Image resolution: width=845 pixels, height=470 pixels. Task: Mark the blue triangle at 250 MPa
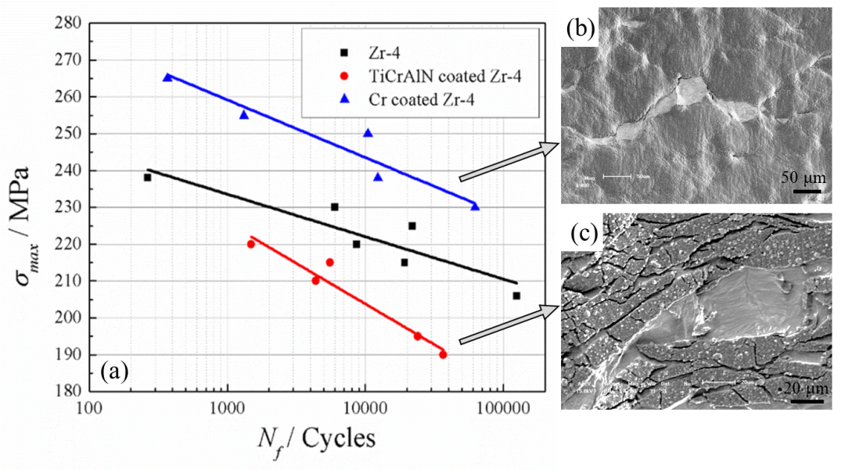coord(368,133)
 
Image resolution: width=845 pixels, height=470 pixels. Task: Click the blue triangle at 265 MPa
coord(167,77)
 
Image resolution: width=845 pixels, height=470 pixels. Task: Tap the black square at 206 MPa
coord(516,296)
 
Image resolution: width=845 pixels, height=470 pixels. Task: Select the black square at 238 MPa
coord(147,178)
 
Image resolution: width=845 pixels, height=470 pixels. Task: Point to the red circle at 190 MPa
coord(443,354)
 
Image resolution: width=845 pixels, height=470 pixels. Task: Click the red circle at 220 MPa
coord(251,244)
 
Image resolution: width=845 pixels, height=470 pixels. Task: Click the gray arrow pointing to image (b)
coord(509,161)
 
